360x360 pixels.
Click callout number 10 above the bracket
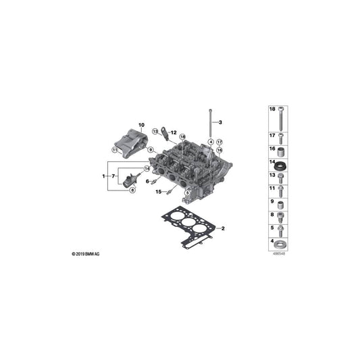tap(142, 125)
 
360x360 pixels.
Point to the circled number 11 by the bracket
tap(115, 150)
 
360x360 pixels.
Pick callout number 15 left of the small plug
tap(158, 192)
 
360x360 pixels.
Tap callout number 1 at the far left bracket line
tap(103, 176)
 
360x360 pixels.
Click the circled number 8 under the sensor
tap(132, 190)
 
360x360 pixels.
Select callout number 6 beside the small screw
tap(147, 181)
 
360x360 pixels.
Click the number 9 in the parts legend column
tap(272, 201)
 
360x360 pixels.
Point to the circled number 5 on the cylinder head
tap(187, 174)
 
